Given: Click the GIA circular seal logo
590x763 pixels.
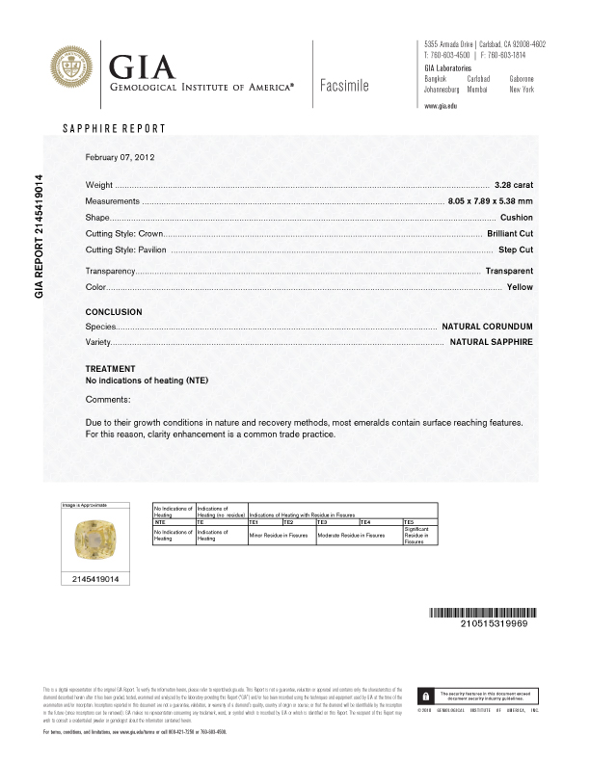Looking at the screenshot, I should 74,70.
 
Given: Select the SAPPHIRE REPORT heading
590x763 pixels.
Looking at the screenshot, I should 114,129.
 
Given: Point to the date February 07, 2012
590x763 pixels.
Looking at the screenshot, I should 121,157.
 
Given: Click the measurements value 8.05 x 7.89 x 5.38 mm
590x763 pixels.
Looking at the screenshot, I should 490,200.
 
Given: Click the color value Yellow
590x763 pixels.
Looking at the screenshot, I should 520,287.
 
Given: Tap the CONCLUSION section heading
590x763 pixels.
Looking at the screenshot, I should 114,312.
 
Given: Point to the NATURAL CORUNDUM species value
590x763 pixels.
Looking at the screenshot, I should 487,328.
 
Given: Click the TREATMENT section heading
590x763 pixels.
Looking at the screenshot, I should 111,369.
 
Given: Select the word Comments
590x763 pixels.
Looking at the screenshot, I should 108,399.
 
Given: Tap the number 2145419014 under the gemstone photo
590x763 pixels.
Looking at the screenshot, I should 94,578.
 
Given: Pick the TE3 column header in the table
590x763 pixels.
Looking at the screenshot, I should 337,520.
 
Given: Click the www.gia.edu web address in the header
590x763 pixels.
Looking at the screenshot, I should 441,105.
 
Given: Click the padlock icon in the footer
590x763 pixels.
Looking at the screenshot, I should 425,695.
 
